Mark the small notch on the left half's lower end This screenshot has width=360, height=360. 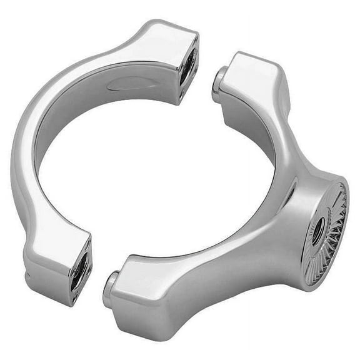(x=27, y=274)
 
